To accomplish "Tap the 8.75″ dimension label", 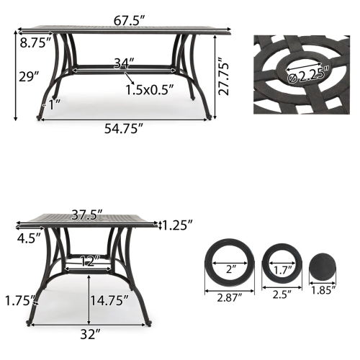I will [x=32, y=43].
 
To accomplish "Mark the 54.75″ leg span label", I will [x=122, y=128].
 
